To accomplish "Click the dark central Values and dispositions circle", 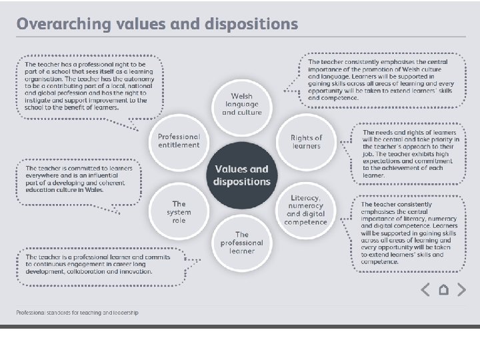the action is pyautogui.click(x=241, y=175).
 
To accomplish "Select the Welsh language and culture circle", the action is pyautogui.click(x=241, y=104).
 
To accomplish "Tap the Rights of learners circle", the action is pyautogui.click(x=306, y=141).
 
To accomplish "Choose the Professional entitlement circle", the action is pyautogui.click(x=178, y=141).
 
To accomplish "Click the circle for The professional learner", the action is pyautogui.click(x=241, y=243).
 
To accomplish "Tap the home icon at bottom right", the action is pyautogui.click(x=443, y=289).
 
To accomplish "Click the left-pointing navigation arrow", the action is pyautogui.click(x=425, y=289).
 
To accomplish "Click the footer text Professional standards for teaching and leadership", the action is pyautogui.click(x=77, y=313).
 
